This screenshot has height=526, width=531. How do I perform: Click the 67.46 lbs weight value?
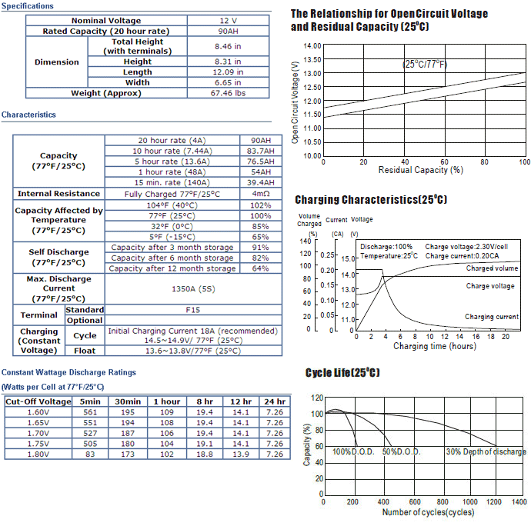tap(228, 93)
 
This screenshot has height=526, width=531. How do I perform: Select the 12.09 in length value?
tap(228, 72)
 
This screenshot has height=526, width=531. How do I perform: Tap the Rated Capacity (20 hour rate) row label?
tap(106, 31)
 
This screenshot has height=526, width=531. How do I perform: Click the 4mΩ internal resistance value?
tap(261, 194)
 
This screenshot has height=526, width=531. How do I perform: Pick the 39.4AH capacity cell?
tap(261, 182)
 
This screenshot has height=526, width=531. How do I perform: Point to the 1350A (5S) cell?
tap(193, 289)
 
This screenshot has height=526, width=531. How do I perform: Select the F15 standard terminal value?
tap(193, 310)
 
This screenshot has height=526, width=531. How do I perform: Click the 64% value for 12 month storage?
tap(260, 268)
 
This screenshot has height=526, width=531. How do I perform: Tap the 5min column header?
tap(90, 401)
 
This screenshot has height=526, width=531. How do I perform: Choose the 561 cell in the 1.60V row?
tap(90, 412)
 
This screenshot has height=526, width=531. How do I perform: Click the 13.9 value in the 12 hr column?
tap(241, 454)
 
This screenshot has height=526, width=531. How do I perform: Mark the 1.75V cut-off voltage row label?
tap(38, 444)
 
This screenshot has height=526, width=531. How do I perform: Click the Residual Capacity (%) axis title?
tap(421, 170)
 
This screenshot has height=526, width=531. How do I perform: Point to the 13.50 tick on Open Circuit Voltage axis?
tap(312, 59)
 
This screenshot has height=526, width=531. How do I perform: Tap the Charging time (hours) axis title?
tap(435, 346)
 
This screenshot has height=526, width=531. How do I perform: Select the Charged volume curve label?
tap(492, 268)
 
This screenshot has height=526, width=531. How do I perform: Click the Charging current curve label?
tap(492, 317)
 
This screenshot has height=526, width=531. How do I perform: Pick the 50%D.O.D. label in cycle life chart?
tap(401, 452)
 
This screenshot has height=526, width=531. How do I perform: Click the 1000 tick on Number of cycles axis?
tap(470, 501)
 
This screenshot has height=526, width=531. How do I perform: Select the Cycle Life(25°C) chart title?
tap(342, 373)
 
